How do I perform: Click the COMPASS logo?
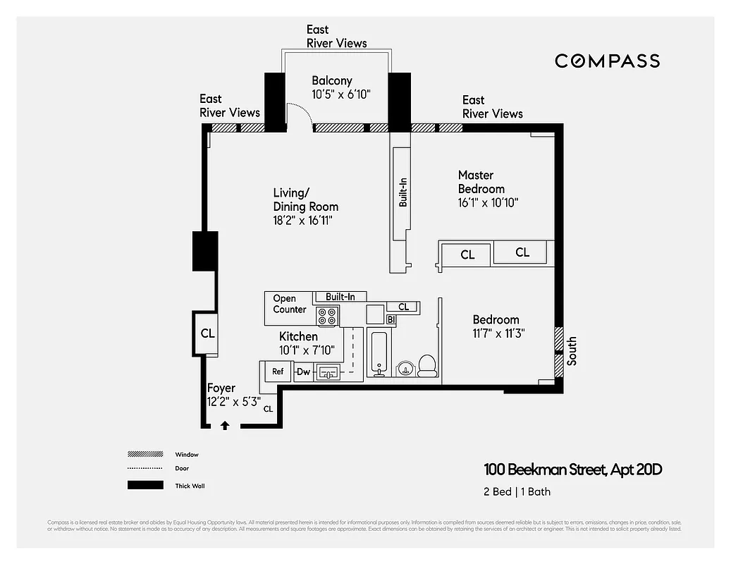tap(607, 61)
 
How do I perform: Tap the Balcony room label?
tap(331, 80)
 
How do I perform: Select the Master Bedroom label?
tap(481, 182)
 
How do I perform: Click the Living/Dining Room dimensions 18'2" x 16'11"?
tap(302, 221)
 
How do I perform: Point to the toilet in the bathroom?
tap(427, 365)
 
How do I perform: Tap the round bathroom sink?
tap(405, 368)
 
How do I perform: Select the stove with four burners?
tap(327, 316)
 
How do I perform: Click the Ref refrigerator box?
tap(278, 371)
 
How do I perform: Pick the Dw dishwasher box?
tap(303, 372)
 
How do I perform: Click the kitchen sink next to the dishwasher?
tap(329, 371)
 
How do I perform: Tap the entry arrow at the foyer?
tap(225, 424)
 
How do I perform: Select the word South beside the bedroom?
tap(572, 350)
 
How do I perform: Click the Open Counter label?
tap(289, 304)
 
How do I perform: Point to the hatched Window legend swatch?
tap(145, 454)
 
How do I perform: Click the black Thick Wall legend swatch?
tap(145, 485)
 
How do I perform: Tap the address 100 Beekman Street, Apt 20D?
tap(572, 470)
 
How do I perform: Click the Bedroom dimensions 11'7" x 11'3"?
tap(498, 333)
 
